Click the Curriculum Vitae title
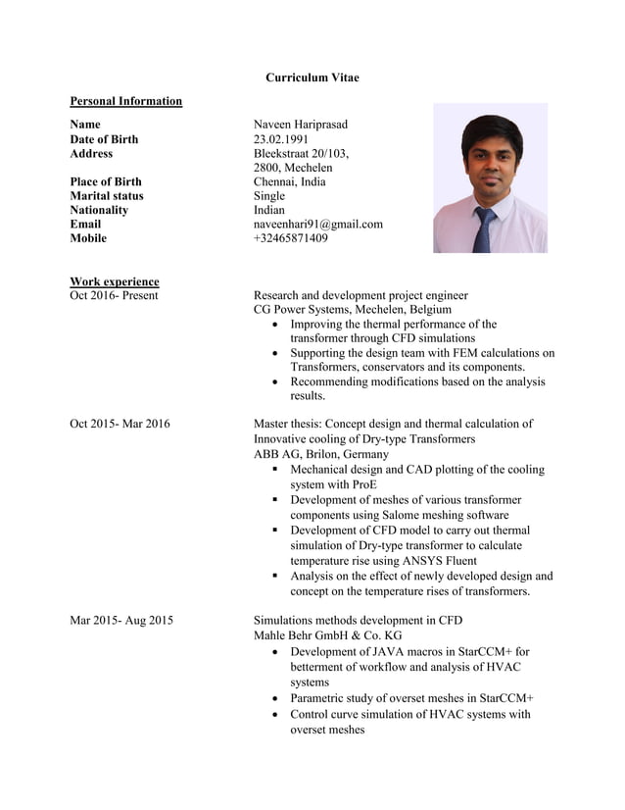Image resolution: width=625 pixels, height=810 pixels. pos(312,77)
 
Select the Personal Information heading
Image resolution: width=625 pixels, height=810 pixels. pos(125,101)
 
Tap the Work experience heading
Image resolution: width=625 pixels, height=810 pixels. pos(114,281)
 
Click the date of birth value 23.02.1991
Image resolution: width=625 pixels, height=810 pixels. pos(283,139)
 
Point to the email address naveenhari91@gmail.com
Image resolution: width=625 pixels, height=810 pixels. pos(317,224)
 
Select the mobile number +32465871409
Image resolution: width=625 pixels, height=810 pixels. pos(290,238)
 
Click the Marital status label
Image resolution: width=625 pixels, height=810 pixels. pos(106,196)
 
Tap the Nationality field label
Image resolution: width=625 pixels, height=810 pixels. pos(99,210)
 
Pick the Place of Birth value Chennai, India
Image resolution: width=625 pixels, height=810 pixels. pos(289,181)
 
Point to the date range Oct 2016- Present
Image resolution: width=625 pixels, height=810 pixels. pos(114,295)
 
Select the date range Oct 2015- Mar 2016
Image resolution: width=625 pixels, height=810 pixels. pos(120,424)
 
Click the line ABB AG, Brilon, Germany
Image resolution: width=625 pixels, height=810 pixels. pos(320,454)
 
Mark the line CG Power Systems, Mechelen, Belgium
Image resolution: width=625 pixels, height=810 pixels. pos(353,309)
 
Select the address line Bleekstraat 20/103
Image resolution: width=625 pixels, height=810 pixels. pos(301,154)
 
